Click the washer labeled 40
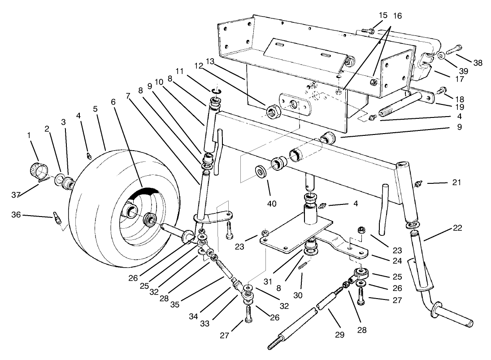click(x=261, y=172)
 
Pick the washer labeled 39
click(x=441, y=56)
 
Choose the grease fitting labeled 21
click(x=419, y=183)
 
